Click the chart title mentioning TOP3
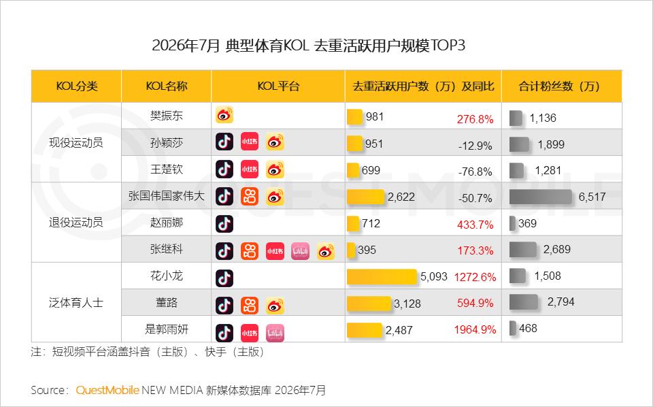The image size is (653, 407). click(x=308, y=46)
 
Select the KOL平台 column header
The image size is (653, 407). click(x=278, y=86)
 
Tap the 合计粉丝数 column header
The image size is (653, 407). click(x=559, y=86)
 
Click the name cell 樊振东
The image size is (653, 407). click(x=167, y=116)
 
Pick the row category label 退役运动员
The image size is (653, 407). click(x=76, y=222)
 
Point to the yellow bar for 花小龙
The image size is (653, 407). click(x=382, y=276)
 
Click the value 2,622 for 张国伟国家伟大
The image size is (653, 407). click(x=401, y=197)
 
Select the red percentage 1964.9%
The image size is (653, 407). click(x=475, y=329)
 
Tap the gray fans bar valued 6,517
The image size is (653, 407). click(x=541, y=197)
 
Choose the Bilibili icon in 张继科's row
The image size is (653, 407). click(x=300, y=251)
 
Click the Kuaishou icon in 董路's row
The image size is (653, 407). click(x=250, y=306)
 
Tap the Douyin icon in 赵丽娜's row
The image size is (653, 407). click(x=224, y=224)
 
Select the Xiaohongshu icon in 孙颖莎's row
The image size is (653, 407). click(x=250, y=142)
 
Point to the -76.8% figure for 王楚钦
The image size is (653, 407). click(x=475, y=172)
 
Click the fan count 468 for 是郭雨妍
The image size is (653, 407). click(x=528, y=328)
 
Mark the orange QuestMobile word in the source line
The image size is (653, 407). click(x=107, y=391)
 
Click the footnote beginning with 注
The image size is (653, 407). click(x=148, y=352)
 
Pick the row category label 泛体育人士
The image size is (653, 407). click(x=76, y=302)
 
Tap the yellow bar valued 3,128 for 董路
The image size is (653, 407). click(x=369, y=304)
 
